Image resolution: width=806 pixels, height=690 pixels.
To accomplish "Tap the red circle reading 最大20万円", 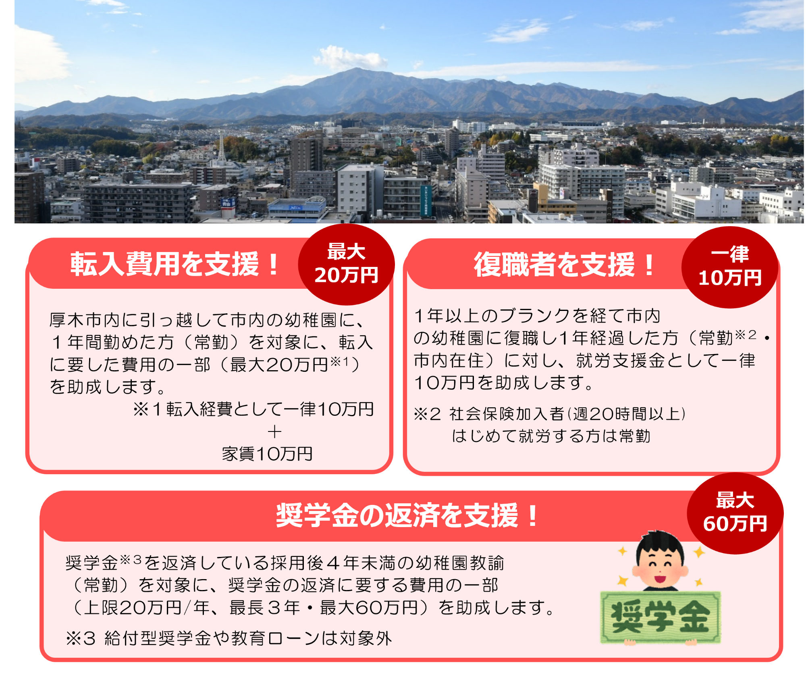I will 346,264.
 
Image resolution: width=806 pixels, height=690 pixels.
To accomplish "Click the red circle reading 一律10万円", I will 729,267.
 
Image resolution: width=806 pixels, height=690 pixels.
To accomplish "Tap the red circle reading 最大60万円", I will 735,513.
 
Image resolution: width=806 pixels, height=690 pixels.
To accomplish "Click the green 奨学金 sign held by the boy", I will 660,617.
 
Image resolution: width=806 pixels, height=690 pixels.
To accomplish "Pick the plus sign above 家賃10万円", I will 274,432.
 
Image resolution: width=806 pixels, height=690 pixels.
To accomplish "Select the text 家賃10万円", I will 267,454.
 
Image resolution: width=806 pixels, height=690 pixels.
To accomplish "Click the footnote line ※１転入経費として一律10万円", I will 253,410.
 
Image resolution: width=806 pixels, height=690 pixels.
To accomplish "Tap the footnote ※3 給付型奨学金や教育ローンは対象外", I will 229,638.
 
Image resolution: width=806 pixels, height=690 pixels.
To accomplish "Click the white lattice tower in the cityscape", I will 222,149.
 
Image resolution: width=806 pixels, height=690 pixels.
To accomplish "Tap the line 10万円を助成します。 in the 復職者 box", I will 504,383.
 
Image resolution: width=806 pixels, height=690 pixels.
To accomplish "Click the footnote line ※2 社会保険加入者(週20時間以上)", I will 550,414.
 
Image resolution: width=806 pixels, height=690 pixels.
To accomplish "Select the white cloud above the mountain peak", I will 349,58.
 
